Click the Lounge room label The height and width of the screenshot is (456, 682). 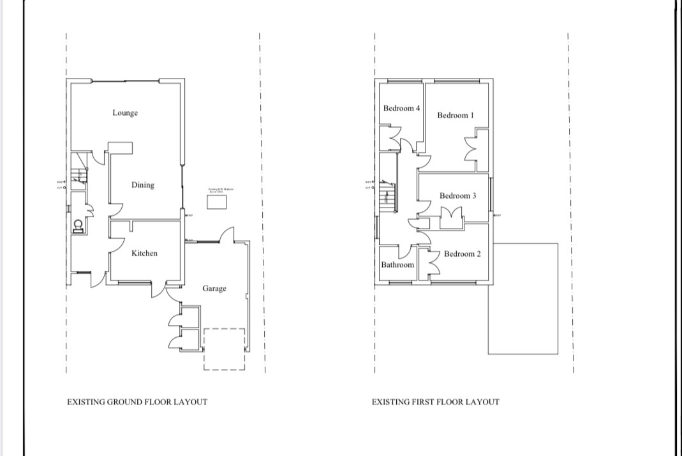[x=125, y=113]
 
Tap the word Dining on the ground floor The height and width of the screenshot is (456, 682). [x=142, y=185]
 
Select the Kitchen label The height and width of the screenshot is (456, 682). [x=144, y=254]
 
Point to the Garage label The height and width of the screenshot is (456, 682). [x=214, y=289]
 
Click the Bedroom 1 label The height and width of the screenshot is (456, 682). [x=456, y=116]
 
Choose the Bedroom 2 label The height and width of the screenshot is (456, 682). [x=463, y=254]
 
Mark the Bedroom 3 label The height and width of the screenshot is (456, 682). [x=457, y=196]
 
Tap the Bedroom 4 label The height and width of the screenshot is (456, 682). [x=401, y=109]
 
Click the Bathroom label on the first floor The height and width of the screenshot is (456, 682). [x=397, y=264]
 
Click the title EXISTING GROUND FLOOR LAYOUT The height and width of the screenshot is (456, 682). [x=137, y=402]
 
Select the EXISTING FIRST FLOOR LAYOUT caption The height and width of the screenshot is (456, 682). [x=436, y=402]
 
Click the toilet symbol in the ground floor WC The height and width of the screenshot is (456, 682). [x=78, y=226]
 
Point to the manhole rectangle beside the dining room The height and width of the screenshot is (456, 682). [x=218, y=201]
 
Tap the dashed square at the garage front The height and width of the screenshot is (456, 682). [x=224, y=349]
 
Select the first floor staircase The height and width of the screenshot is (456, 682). [x=387, y=198]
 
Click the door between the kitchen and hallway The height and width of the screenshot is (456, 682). [x=116, y=245]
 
